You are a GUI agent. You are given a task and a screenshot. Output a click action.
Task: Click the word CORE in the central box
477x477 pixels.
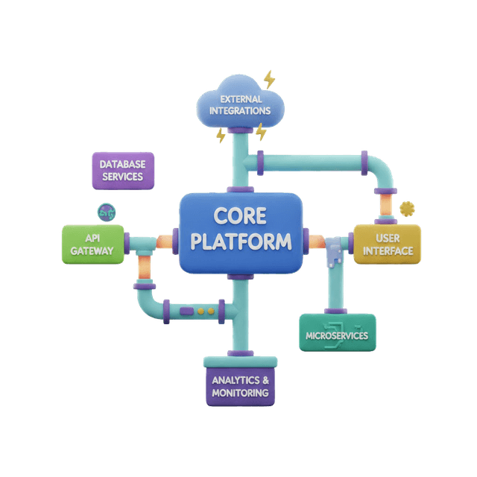[x=240, y=215]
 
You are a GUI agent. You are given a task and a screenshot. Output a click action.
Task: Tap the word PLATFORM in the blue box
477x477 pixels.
[x=240, y=242]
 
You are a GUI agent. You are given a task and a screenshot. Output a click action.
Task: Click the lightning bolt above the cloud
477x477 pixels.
[x=269, y=78]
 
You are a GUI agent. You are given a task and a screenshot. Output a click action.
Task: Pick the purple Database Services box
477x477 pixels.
[x=123, y=170]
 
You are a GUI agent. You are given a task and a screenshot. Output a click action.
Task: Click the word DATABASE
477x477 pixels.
[x=123, y=163]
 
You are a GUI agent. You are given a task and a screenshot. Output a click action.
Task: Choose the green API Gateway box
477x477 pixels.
[x=92, y=244]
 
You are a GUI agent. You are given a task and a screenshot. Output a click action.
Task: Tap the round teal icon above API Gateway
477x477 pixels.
[x=107, y=211]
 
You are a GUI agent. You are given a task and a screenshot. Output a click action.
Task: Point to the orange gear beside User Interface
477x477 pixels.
[x=407, y=208]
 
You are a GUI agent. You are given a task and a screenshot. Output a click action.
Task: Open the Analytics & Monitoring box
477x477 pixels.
[x=239, y=385]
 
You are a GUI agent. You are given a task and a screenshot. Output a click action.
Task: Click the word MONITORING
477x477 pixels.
[x=239, y=393]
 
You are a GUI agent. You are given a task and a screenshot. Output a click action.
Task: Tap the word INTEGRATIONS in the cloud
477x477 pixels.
[x=239, y=111]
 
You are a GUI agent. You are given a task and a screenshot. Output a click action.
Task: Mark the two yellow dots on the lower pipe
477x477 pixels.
[x=206, y=309]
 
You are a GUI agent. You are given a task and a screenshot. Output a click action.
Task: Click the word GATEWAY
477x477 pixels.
[x=92, y=251]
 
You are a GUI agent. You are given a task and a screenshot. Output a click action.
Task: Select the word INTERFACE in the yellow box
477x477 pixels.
[x=388, y=251]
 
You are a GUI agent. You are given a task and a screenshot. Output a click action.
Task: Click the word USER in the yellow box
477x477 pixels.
[x=388, y=237]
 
